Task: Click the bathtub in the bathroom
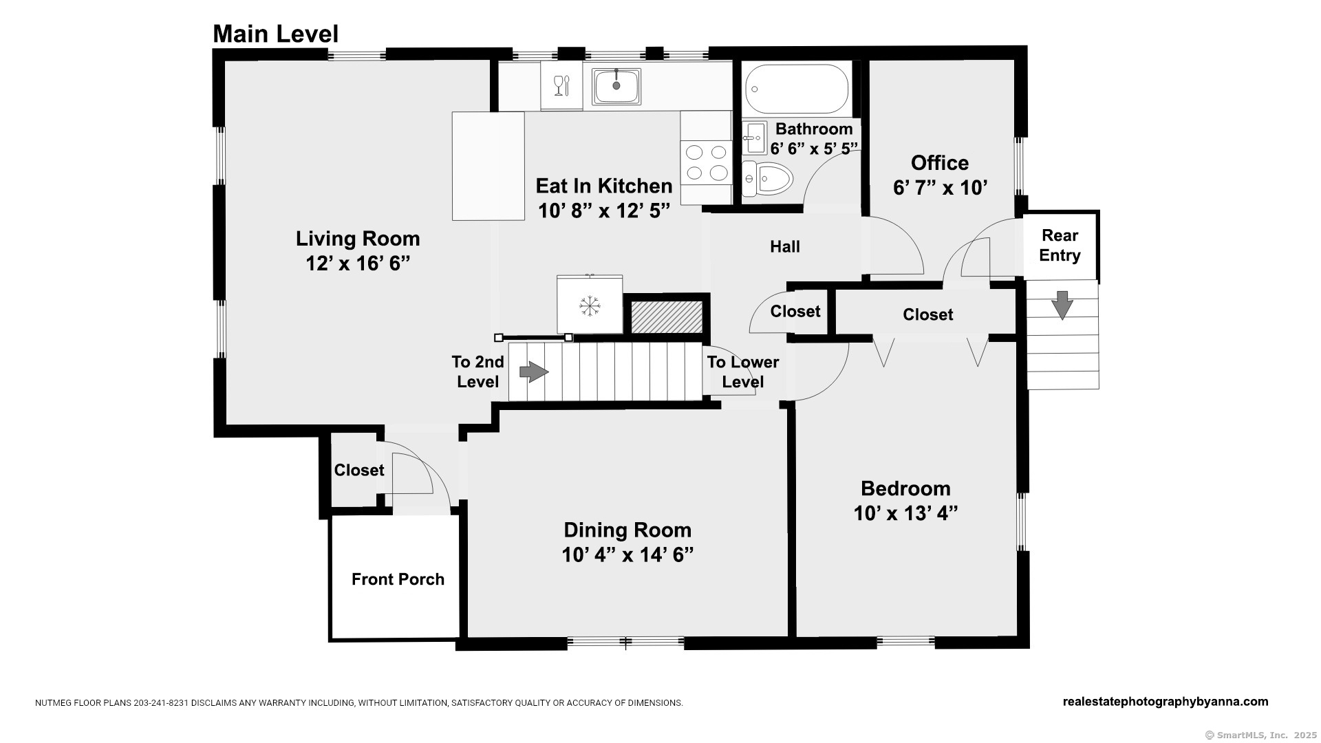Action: [797, 89]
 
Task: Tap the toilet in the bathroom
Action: [767, 179]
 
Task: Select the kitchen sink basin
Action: [616, 86]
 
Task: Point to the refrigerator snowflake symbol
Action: [590, 305]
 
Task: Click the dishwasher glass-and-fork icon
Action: [562, 86]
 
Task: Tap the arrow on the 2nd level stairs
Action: [534, 372]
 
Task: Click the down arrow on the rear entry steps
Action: [1062, 305]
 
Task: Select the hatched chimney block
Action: [667, 317]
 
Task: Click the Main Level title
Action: [275, 34]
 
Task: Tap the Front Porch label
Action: [398, 579]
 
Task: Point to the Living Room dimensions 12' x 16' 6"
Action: [358, 263]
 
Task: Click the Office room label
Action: [940, 163]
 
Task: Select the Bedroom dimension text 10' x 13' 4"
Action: [905, 513]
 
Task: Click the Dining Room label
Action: [627, 530]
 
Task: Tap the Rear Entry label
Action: [1060, 246]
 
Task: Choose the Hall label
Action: [785, 246]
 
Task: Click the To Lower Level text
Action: [743, 372]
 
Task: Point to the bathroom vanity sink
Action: [755, 138]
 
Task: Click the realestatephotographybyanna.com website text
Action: [1166, 702]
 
